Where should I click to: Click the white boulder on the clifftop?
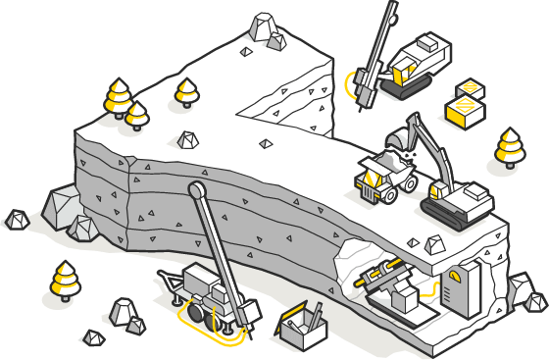tap(264, 29)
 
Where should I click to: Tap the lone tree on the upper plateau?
tap(186, 94)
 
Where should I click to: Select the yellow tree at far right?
tap(509, 147)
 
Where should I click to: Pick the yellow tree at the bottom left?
tap(65, 280)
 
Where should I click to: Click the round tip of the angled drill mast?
tap(196, 188)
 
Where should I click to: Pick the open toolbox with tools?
tap(301, 325)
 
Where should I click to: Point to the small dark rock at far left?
tap(16, 220)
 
